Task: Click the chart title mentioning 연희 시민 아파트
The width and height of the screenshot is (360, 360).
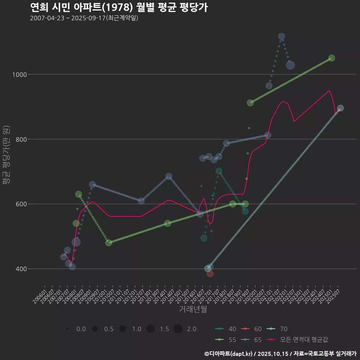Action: click(118, 7)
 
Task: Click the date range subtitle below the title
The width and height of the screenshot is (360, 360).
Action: click(84, 18)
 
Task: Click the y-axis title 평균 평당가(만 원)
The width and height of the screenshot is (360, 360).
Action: click(6, 156)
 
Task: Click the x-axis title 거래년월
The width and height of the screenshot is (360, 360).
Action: click(193, 309)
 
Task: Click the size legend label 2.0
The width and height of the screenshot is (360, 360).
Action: click(192, 329)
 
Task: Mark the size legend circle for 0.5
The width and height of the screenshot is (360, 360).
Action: click(95, 329)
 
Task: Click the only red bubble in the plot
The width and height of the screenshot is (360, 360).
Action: click(210, 274)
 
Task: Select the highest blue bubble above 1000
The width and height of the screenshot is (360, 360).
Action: click(282, 36)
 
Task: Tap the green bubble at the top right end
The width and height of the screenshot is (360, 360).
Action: click(331, 58)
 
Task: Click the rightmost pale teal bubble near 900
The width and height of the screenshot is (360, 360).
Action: click(340, 108)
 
